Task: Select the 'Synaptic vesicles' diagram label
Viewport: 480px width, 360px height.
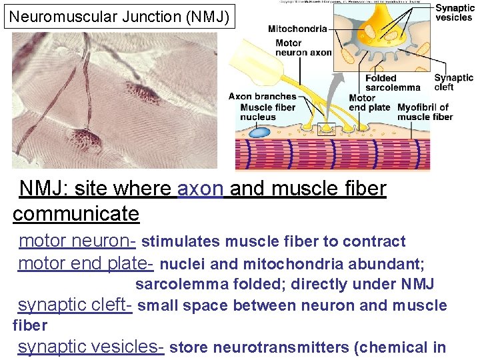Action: pos(455,13)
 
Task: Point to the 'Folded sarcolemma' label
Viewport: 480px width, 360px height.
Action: pos(393,83)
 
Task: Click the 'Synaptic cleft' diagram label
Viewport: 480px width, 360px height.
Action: pos(453,83)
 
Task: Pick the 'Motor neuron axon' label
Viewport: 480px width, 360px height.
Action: pos(303,47)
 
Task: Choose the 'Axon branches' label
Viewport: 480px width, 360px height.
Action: pos(262,97)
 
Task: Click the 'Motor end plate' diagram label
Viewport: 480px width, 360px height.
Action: pos(369,103)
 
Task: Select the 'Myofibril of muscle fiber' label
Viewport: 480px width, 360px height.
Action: pos(424,112)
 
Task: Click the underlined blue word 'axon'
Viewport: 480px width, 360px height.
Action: pos(201,189)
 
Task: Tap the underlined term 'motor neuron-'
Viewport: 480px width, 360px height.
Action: pos(78,241)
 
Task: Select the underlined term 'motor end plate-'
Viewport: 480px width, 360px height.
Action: pos(86,263)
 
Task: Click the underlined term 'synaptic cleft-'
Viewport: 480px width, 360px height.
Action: pos(75,305)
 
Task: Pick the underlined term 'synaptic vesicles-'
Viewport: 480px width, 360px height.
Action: pos(91,347)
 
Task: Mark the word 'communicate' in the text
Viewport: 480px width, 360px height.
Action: pos(76,214)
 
